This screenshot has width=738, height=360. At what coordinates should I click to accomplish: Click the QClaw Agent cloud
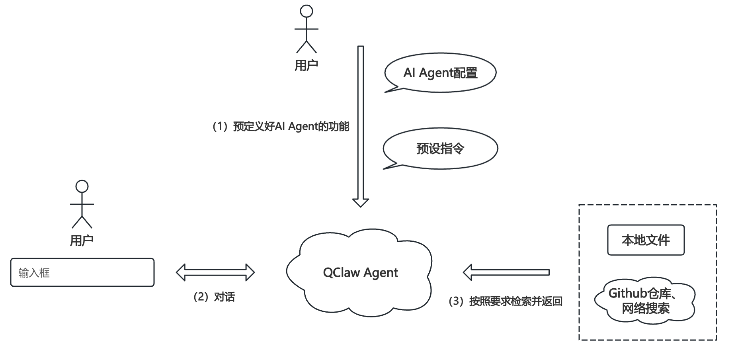coord(360,272)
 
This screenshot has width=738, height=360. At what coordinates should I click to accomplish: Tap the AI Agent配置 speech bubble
coord(440,73)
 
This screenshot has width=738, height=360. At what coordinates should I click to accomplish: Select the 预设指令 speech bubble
coord(440,149)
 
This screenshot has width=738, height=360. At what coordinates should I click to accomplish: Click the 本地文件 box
coord(646,240)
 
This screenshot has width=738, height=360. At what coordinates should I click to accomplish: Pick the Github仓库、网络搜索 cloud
coord(645,300)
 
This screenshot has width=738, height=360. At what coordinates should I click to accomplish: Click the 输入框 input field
coord(82,272)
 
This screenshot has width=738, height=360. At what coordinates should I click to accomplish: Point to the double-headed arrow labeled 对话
coord(215,272)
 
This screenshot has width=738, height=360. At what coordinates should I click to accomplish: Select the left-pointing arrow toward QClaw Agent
coord(506,272)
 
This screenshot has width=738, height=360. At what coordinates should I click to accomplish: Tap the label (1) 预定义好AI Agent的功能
coord(281,127)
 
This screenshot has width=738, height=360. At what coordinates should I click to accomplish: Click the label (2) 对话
coord(214,297)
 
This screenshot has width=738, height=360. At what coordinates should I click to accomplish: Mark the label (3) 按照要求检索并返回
coord(506,301)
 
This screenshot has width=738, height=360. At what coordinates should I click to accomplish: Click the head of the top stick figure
coord(307,11)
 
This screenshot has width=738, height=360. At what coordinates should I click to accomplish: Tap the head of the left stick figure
coord(82,186)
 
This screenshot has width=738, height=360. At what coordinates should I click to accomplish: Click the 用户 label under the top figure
coord(306,65)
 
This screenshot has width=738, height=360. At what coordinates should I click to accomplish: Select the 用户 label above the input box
coord(82,241)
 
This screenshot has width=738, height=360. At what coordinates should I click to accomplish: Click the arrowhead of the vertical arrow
coord(361,202)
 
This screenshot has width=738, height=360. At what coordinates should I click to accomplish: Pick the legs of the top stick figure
coord(307,47)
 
